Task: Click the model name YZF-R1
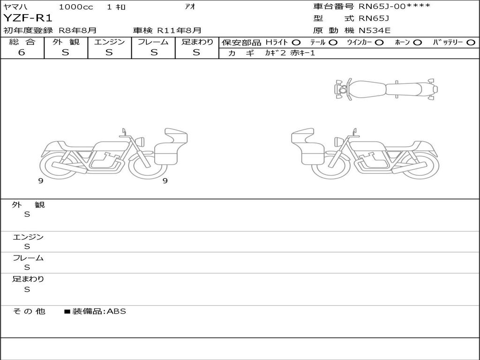28,18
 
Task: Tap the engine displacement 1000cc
76,7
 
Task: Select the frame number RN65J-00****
394,6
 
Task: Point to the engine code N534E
375,30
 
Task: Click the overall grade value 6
22,52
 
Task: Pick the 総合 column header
22,42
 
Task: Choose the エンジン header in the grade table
109,42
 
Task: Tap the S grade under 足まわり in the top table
196,52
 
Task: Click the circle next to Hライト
296,43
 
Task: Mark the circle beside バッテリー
471,43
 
